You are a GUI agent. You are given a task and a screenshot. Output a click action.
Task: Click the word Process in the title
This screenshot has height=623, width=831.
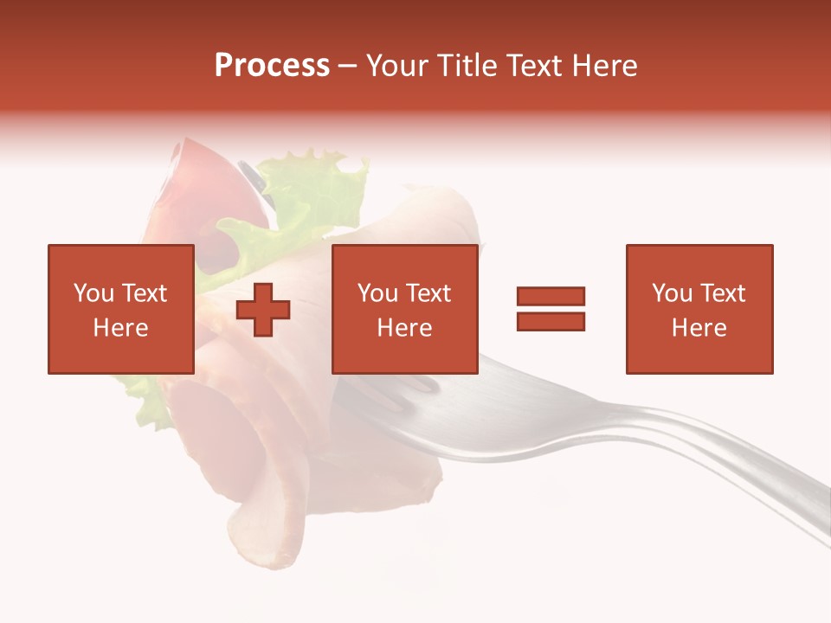tap(272, 66)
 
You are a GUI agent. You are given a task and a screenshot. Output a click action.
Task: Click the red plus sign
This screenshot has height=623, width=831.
tap(263, 310)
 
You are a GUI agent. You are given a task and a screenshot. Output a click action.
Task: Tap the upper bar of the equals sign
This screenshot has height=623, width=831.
tap(551, 296)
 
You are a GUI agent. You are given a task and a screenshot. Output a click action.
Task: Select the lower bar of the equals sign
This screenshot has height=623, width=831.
tap(551, 322)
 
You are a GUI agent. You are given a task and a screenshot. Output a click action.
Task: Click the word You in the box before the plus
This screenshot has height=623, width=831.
tap(93, 293)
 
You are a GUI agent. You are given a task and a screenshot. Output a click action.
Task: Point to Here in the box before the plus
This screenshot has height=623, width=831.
tap(120, 328)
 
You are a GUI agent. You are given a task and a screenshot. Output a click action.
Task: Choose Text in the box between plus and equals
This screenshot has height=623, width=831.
tap(428, 293)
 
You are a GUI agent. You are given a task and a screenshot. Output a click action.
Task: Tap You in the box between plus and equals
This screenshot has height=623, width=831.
tap(377, 293)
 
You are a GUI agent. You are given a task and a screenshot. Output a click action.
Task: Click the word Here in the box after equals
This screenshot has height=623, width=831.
tap(699, 328)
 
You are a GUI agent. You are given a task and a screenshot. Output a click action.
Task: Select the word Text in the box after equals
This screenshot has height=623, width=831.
tap(722, 293)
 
